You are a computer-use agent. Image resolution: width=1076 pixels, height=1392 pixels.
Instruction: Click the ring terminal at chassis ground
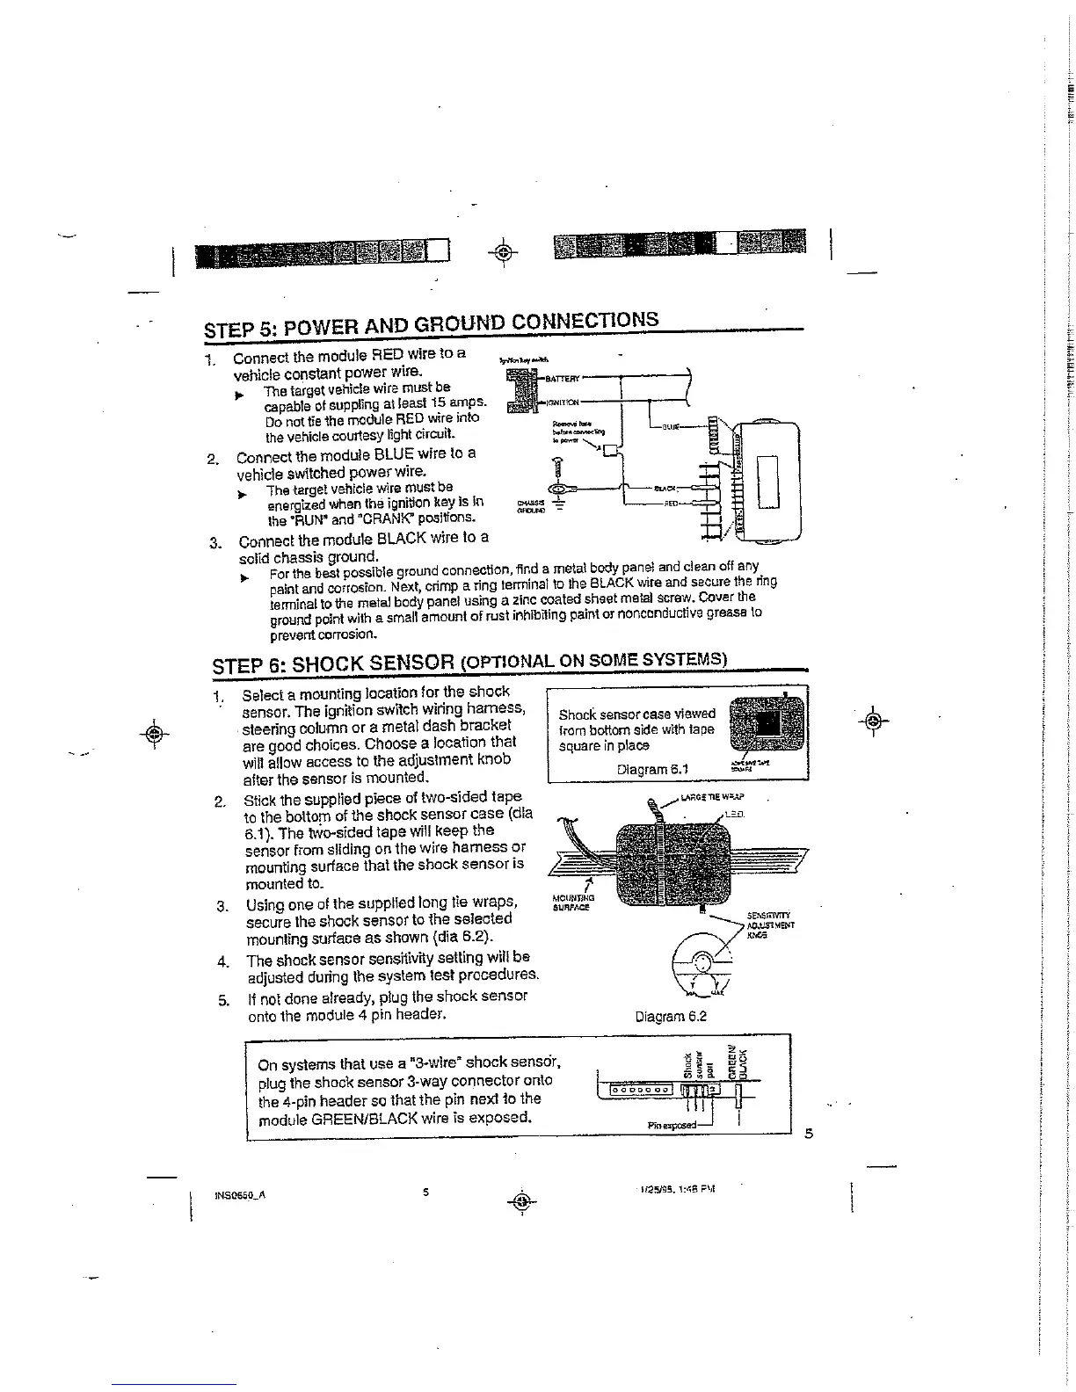[558, 489]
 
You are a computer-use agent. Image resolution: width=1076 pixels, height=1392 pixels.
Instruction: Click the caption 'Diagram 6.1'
[651, 769]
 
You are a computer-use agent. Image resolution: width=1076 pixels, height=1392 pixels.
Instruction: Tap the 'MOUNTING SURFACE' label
[572, 903]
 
